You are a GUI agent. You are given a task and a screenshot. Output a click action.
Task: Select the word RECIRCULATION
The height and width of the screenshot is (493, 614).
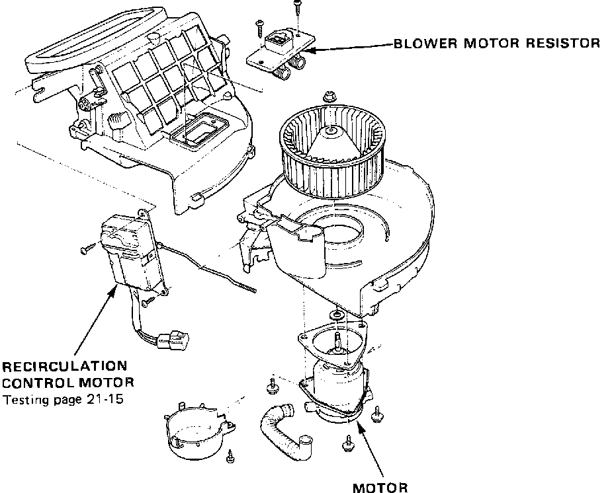(x=65, y=366)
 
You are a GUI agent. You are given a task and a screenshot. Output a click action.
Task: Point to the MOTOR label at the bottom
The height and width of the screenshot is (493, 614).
(x=380, y=488)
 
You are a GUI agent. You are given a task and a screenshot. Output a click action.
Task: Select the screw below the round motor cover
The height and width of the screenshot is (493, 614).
(x=230, y=455)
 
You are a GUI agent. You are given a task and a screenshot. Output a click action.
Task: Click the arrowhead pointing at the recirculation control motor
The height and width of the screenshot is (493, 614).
(x=113, y=291)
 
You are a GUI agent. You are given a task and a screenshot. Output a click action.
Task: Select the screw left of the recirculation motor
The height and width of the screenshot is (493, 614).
(x=87, y=249)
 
